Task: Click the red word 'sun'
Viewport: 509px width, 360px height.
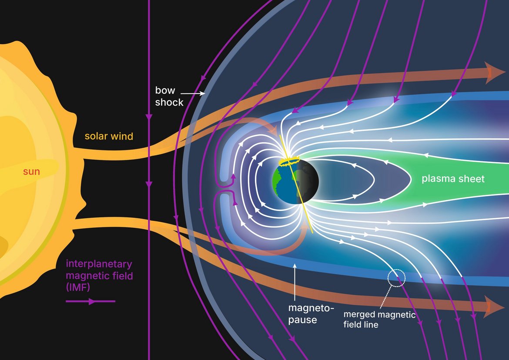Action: click(31, 172)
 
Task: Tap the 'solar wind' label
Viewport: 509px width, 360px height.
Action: click(109, 136)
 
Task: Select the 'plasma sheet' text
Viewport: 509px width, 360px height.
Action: click(452, 179)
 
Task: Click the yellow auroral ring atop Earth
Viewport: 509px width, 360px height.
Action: click(291, 162)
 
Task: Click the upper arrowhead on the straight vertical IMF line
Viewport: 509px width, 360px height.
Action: click(149, 117)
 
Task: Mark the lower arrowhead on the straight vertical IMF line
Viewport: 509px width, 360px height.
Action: click(149, 184)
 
